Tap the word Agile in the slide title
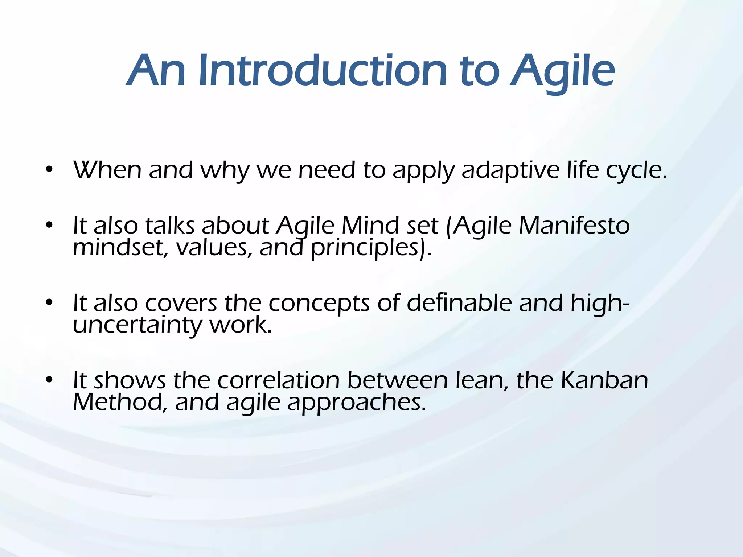click(562, 73)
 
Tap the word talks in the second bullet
click(170, 226)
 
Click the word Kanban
click(604, 380)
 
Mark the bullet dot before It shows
click(50, 380)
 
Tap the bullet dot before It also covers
click(50, 302)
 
